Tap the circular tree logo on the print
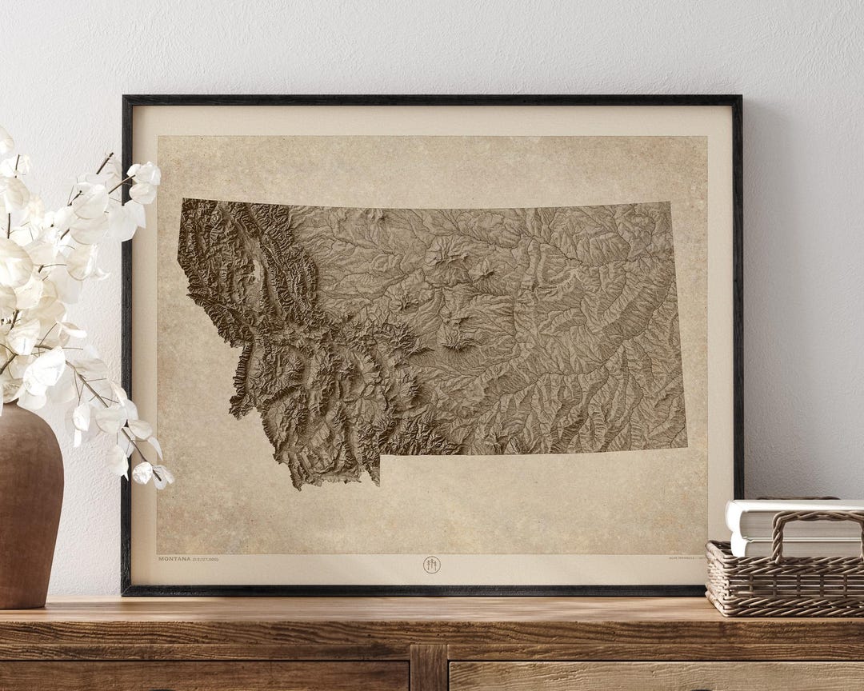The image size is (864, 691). (x=431, y=565)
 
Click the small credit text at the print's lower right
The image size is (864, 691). (x=684, y=559)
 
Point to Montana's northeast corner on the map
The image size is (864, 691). (x=670, y=203)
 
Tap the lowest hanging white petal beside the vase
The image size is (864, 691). (x=162, y=477)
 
